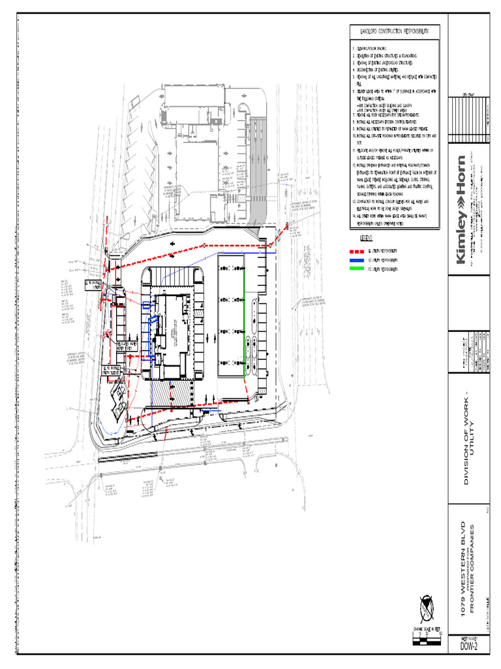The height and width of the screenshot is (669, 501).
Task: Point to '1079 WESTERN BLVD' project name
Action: click(463, 561)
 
